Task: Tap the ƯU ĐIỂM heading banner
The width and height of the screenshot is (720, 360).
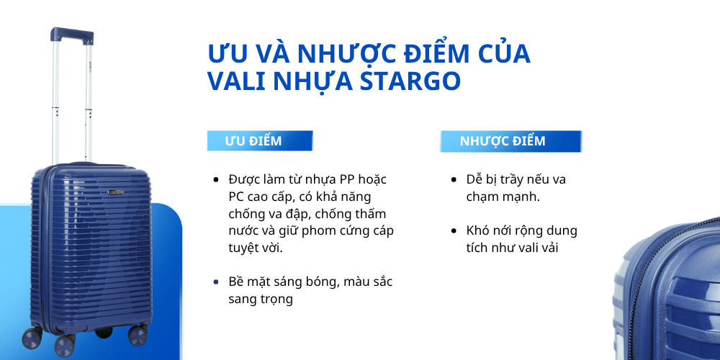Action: click(259, 141)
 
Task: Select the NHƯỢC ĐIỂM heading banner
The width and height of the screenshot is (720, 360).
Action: click(510, 141)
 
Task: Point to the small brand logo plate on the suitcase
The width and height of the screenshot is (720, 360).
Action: click(116, 192)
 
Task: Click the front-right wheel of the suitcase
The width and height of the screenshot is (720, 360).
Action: click(137, 336)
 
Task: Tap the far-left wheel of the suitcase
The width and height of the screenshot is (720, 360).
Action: click(32, 337)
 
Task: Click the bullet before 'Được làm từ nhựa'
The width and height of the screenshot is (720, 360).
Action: click(216, 179)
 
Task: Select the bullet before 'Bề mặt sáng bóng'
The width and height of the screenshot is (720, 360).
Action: click(216, 282)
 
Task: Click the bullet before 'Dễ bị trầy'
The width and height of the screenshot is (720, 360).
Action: click(454, 179)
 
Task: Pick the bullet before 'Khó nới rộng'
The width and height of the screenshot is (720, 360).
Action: click(454, 231)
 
